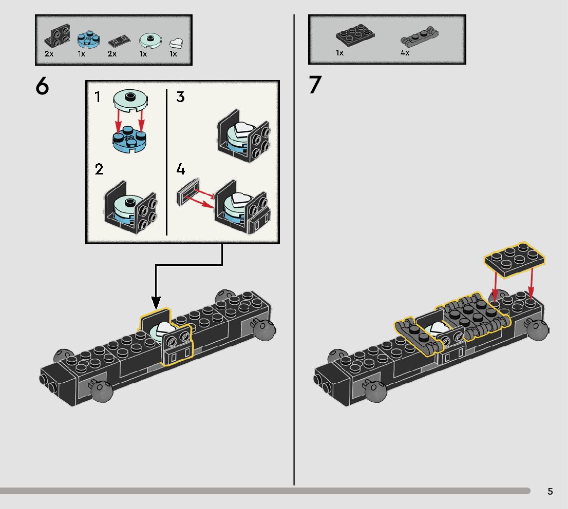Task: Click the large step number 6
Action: pyautogui.click(x=42, y=87)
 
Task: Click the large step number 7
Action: pyautogui.click(x=314, y=85)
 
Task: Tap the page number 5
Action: pyautogui.click(x=550, y=492)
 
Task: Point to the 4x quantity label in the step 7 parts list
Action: pyautogui.click(x=405, y=53)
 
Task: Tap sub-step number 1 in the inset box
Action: pyautogui.click(x=98, y=96)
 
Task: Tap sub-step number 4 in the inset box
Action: pyautogui.click(x=180, y=169)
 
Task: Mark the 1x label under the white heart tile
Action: pyautogui.click(x=173, y=54)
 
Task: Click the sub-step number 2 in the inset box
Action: pyautogui.click(x=99, y=169)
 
